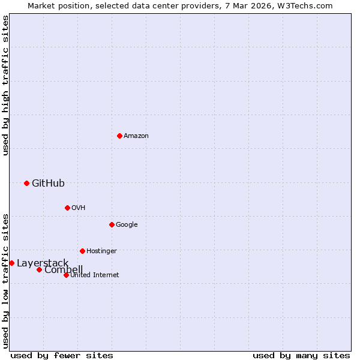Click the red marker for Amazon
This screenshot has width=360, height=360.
(x=119, y=136)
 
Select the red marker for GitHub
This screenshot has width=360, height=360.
(x=26, y=183)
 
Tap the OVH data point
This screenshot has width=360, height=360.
(x=67, y=208)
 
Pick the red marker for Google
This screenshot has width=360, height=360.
(x=112, y=224)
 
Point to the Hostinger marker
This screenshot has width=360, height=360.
(x=82, y=251)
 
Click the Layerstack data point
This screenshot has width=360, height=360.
(x=11, y=263)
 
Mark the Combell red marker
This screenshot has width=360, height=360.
(x=39, y=269)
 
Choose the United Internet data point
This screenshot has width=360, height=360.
(x=66, y=275)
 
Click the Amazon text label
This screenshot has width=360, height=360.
(x=136, y=136)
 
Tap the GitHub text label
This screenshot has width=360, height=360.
(x=48, y=183)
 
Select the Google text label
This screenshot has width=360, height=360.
(x=127, y=224)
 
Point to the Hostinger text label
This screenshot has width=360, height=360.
(x=101, y=251)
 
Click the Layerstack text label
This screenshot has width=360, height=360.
(x=43, y=263)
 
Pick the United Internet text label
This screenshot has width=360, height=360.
(x=94, y=275)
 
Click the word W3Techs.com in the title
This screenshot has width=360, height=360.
(x=308, y=5)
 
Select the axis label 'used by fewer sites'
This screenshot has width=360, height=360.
(x=62, y=355)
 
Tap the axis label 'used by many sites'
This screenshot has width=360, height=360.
(x=301, y=355)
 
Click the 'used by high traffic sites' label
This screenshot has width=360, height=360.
(x=5, y=85)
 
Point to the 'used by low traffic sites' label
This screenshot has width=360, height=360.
(x=5, y=280)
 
